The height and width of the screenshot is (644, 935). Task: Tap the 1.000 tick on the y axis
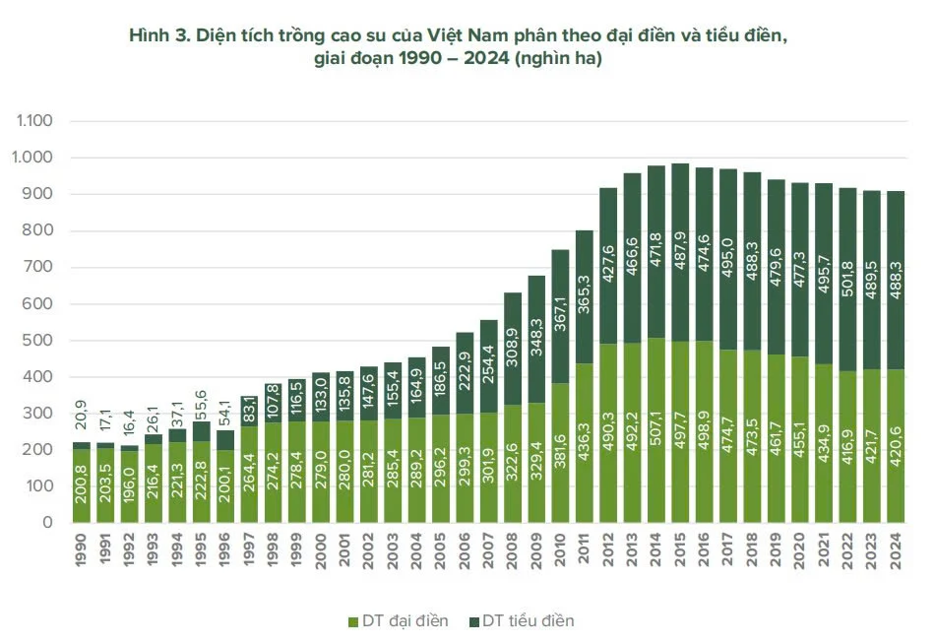[36, 158]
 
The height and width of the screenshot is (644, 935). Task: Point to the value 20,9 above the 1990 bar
[83, 420]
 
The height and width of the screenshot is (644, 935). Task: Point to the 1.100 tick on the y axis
[36, 121]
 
